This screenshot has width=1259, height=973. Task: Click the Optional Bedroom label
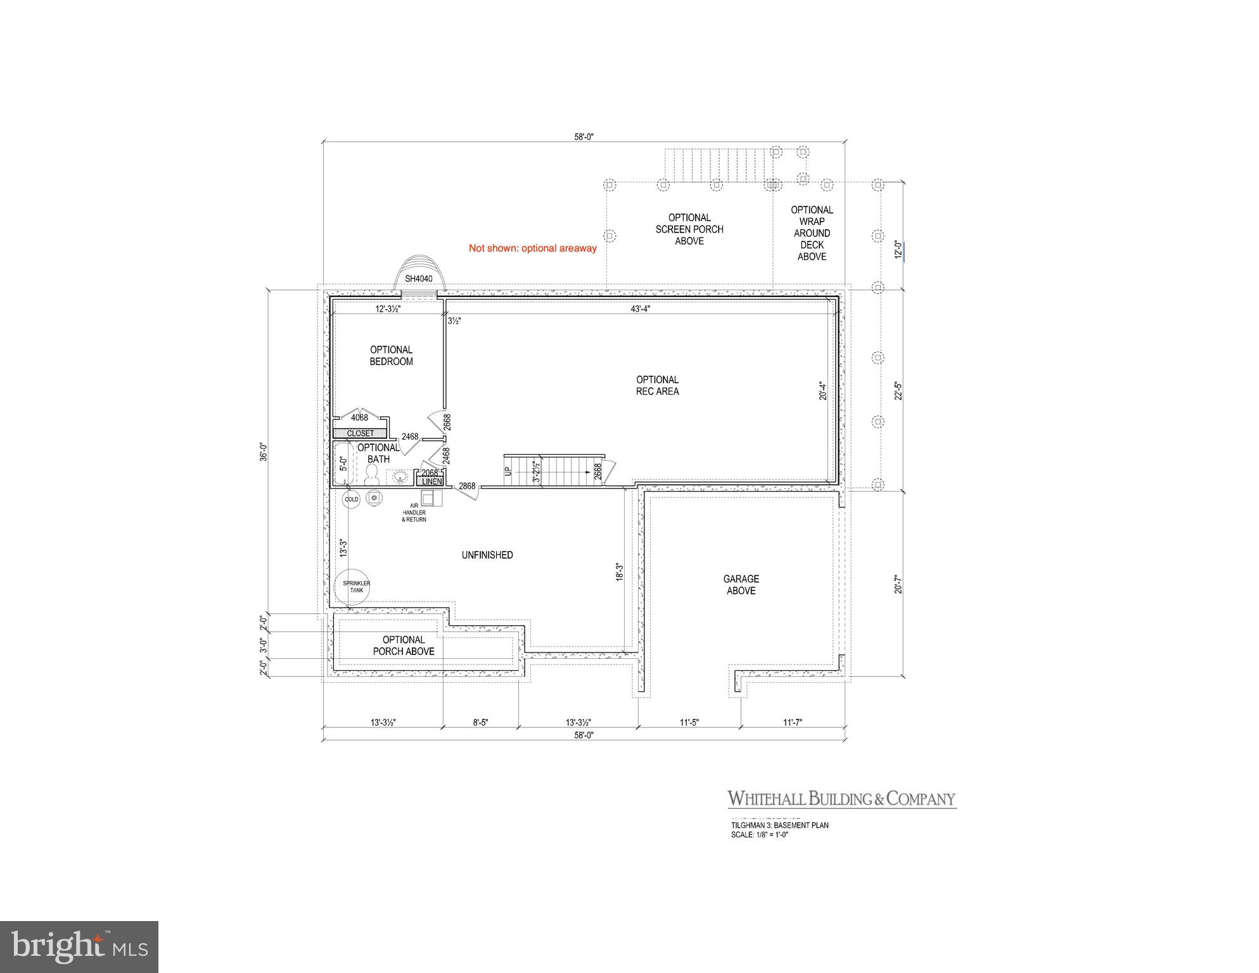(x=391, y=355)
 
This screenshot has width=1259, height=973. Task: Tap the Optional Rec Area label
(x=657, y=385)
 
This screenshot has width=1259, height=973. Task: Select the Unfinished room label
(x=487, y=555)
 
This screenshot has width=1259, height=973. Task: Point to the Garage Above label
(x=741, y=585)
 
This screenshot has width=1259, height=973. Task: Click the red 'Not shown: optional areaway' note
(x=532, y=248)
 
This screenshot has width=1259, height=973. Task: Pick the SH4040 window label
(x=418, y=279)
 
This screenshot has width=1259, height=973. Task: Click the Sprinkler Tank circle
(x=356, y=587)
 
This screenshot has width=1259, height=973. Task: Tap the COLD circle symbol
(x=351, y=499)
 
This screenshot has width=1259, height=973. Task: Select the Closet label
(x=360, y=433)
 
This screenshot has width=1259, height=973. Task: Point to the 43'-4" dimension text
(x=641, y=309)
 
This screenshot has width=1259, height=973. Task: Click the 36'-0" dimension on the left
(x=264, y=452)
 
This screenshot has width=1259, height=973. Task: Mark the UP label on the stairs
(x=507, y=472)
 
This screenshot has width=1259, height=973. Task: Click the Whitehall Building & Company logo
(x=841, y=799)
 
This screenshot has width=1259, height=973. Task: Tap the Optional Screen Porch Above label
(x=689, y=229)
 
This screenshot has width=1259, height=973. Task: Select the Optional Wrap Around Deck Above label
(x=812, y=233)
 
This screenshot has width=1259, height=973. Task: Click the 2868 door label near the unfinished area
(x=467, y=486)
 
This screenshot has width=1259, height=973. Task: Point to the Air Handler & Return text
(x=414, y=512)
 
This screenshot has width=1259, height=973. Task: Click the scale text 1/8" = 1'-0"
(x=759, y=835)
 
